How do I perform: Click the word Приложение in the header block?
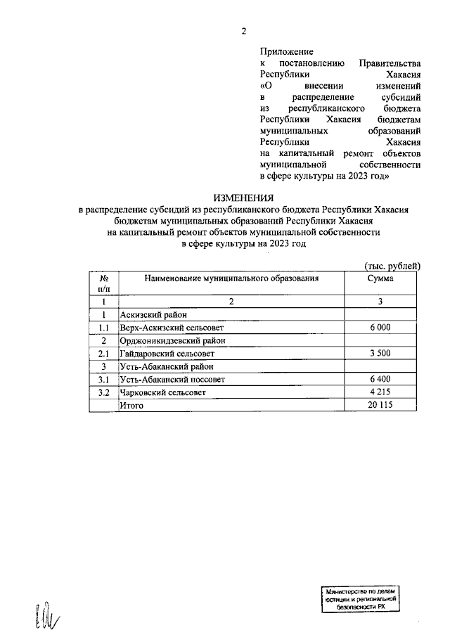pos(286,52)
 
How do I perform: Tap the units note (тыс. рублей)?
pos(392,266)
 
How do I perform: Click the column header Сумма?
pos(380,278)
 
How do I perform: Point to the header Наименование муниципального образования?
pos(231,278)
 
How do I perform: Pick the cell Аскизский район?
pos(154,315)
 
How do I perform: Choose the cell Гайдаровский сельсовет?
pos(167,354)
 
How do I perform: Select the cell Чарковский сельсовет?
pos(162,392)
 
